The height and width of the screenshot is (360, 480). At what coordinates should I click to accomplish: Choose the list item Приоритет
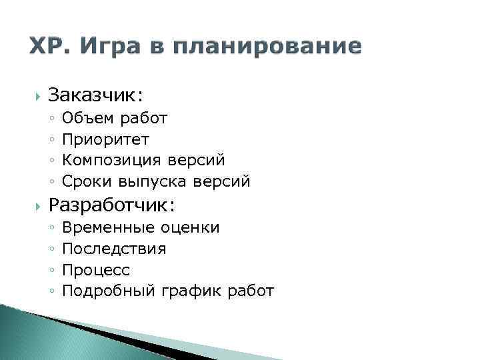pos(105,139)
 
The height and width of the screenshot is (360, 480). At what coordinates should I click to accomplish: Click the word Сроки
pos(87,180)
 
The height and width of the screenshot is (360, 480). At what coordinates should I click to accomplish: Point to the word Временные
pos(109,228)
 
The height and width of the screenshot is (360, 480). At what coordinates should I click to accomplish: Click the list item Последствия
pos(114,249)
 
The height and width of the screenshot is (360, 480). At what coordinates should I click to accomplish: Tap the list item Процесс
pos(95,270)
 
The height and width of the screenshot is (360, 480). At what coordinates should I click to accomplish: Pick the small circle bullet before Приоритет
pos(52,139)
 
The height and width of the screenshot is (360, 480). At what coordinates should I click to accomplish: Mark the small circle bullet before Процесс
pos(52,271)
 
